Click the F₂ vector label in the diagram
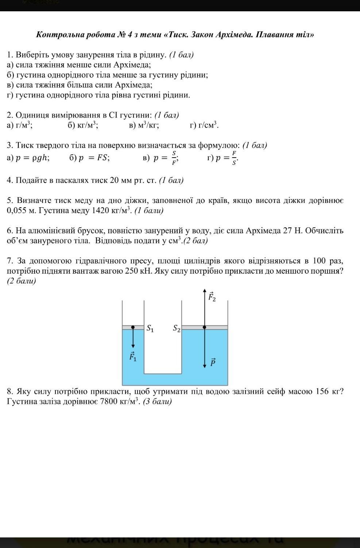212,297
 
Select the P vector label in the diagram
213,362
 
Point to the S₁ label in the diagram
150,329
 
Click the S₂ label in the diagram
177,329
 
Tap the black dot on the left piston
133,327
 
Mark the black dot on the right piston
204,327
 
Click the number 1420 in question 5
100,211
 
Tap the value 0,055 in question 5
16,211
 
